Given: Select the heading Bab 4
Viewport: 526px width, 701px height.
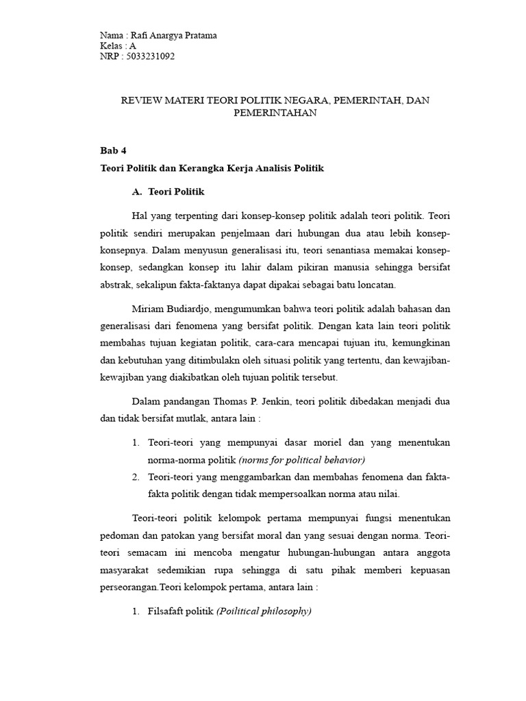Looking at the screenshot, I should click(x=114, y=151).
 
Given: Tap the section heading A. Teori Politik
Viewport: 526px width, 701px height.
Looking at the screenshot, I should click(x=171, y=192).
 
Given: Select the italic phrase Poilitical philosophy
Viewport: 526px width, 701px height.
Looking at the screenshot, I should click(x=264, y=611).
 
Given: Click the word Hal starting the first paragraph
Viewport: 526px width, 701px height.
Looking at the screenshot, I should click(x=137, y=216).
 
